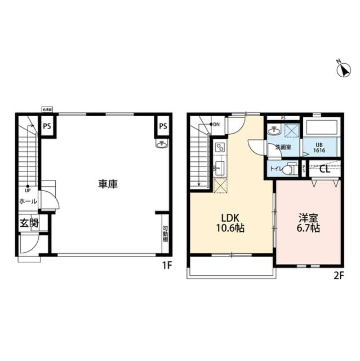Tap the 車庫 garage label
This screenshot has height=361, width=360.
pos(108,183)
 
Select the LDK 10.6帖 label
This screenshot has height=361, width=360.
pos(232,222)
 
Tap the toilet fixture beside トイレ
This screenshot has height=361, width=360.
pos(291,168)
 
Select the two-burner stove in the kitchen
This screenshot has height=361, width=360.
pos(219,148)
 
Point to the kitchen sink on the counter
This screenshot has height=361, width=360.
pos(219,167)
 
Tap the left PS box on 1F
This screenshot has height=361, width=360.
pos(48,126)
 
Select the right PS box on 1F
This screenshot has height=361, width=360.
pos(162,126)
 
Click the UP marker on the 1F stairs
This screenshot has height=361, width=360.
pos(26,190)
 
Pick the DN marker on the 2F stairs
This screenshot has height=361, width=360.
pos(215,125)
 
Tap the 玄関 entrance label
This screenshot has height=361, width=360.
pos(29,222)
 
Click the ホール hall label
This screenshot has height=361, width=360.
pos(28,201)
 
